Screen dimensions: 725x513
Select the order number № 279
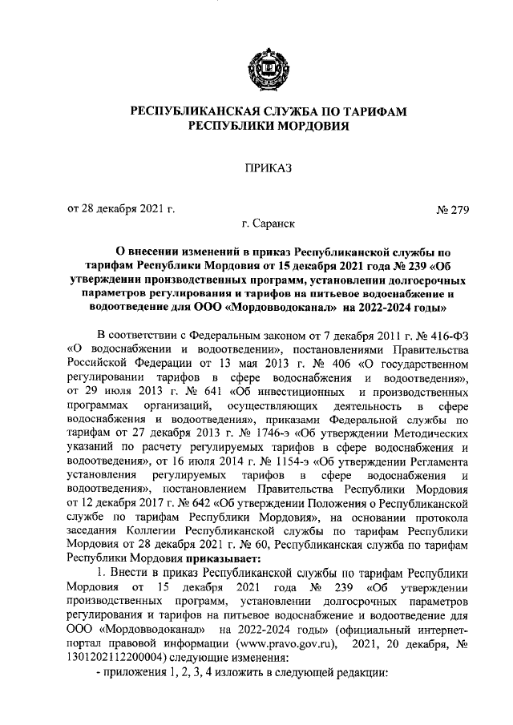tap(452, 211)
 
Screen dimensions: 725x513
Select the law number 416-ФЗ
tap(444, 336)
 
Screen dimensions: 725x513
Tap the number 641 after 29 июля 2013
tap(205, 393)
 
